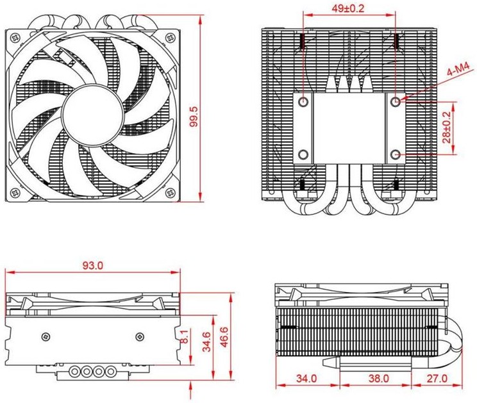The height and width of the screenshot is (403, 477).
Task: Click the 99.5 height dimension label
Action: point(194,117)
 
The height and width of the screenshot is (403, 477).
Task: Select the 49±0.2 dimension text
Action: point(347,8)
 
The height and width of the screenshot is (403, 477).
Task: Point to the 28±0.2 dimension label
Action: point(447,127)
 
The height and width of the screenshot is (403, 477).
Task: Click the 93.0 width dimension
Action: point(93,266)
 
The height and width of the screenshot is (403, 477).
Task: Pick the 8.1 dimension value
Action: point(185,336)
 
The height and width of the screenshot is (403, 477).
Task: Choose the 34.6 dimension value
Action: point(207,342)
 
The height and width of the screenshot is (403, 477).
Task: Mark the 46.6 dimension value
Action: point(224,337)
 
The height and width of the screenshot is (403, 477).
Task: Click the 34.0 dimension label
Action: point(306,379)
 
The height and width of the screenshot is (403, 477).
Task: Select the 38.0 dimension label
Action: point(379,379)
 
